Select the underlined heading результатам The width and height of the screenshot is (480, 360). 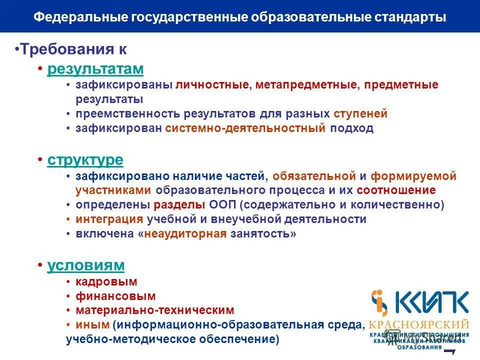pos(95,69)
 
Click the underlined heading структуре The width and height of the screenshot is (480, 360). pos(85,160)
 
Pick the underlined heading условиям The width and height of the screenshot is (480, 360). pos(85,265)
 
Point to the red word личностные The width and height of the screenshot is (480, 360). pos(212,84)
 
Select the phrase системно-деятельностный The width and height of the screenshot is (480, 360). pos(245,128)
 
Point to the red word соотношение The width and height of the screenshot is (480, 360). pos(396,190)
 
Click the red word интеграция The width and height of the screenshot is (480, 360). pos(109,219)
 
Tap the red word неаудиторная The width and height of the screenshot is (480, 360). pos(185,233)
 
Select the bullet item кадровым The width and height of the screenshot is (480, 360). pos(106,281)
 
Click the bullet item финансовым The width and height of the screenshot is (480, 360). pos(115,296)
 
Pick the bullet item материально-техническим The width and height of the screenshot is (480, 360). pos(155,310)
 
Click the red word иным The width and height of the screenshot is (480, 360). pos(92,324)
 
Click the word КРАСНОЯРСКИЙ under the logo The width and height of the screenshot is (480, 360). pos(419,324)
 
